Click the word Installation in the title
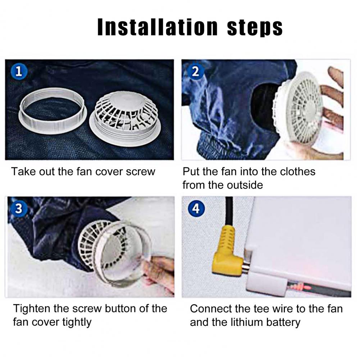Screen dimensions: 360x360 [x=157, y=27]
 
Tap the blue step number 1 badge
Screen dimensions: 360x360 [x=19, y=72]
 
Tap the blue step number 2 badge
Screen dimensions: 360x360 [x=195, y=72]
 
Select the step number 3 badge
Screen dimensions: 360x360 [x=19, y=209]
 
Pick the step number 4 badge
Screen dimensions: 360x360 [x=196, y=209]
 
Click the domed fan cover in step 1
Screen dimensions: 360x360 [x=126, y=119]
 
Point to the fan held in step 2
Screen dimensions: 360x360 [x=299, y=110]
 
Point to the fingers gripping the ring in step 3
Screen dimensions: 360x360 [x=158, y=274]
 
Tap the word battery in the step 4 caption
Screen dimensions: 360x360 [x=283, y=323]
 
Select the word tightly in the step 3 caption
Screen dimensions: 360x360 [x=77, y=323]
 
